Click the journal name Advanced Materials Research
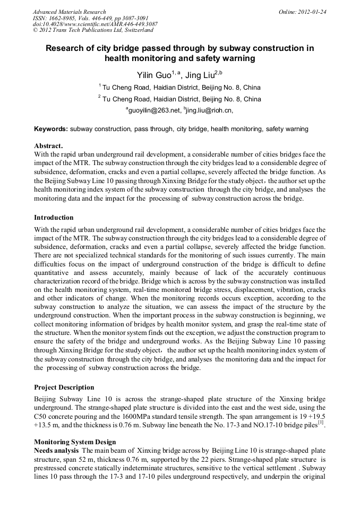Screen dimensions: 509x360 coord(69,12)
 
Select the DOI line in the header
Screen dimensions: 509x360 coord(95,24)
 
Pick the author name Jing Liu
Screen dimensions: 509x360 coord(201,75)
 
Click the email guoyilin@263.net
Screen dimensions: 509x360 coord(153,111)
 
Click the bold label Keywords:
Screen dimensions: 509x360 coord(51,129)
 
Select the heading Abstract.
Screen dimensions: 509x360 coord(48,145)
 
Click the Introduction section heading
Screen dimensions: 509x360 coord(54,218)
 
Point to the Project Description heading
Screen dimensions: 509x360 coord(64,387)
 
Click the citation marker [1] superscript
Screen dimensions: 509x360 coord(321,422)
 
